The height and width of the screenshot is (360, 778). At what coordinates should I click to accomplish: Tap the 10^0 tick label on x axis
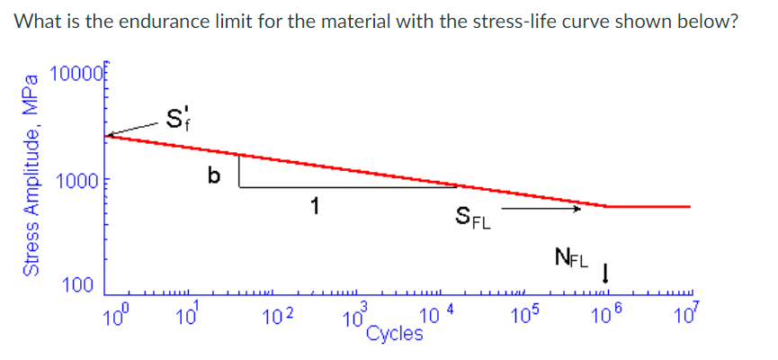116,316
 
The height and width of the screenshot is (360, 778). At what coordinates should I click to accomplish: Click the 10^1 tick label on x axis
187,316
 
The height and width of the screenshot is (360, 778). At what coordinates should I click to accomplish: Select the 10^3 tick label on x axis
354,316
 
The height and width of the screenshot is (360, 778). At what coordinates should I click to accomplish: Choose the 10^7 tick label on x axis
684,316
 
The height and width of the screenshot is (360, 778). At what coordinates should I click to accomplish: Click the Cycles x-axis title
395,334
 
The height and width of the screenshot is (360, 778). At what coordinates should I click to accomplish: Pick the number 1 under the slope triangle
315,206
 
